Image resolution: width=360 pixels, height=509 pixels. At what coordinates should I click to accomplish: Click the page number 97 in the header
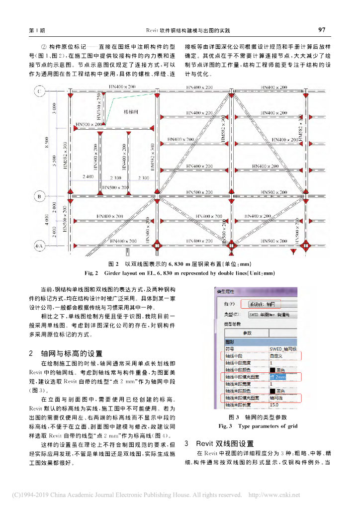point(322,30)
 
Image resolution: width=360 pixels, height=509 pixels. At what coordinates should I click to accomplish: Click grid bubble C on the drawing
point(39,91)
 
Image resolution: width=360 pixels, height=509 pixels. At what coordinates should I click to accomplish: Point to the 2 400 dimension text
point(88,177)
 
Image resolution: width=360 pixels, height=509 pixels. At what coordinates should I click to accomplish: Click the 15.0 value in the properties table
point(274,405)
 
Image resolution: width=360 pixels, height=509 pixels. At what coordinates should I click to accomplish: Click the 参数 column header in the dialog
point(247,333)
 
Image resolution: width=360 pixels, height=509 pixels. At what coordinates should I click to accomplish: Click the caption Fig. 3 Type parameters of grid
point(258,426)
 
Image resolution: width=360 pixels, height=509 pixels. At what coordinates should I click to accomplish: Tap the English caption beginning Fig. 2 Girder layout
point(180,273)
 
